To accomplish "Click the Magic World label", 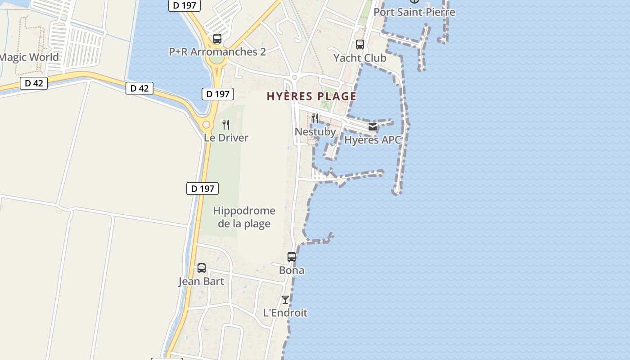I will pyautogui.click(x=30, y=57).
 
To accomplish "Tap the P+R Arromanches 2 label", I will pyautogui.click(x=217, y=52).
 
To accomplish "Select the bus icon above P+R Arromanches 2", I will pyautogui.click(x=217, y=39).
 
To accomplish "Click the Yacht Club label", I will pyautogui.click(x=360, y=58).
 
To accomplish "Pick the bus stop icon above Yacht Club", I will pyautogui.click(x=360, y=45).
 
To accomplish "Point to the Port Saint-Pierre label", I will pyautogui.click(x=414, y=12).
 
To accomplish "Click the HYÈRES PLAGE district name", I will pyautogui.click(x=311, y=96).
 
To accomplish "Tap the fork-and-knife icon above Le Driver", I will pyautogui.click(x=226, y=124).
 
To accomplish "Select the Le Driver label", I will pyautogui.click(x=226, y=138).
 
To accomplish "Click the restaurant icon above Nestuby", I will pyautogui.click(x=315, y=118).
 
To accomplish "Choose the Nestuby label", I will pyautogui.click(x=315, y=132).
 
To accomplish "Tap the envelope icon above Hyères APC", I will pyautogui.click(x=373, y=127).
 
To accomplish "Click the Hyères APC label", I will pyautogui.click(x=372, y=140).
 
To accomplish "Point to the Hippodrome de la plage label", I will pyautogui.click(x=244, y=217).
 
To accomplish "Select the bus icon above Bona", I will pyautogui.click(x=292, y=257).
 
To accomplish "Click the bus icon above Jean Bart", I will pyautogui.click(x=202, y=268).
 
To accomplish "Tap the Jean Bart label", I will pyautogui.click(x=201, y=282).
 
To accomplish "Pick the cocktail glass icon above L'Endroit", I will pyautogui.click(x=285, y=299).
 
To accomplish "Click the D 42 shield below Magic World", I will pyautogui.click(x=34, y=83).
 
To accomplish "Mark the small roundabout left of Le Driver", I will pyautogui.click(x=206, y=125).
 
